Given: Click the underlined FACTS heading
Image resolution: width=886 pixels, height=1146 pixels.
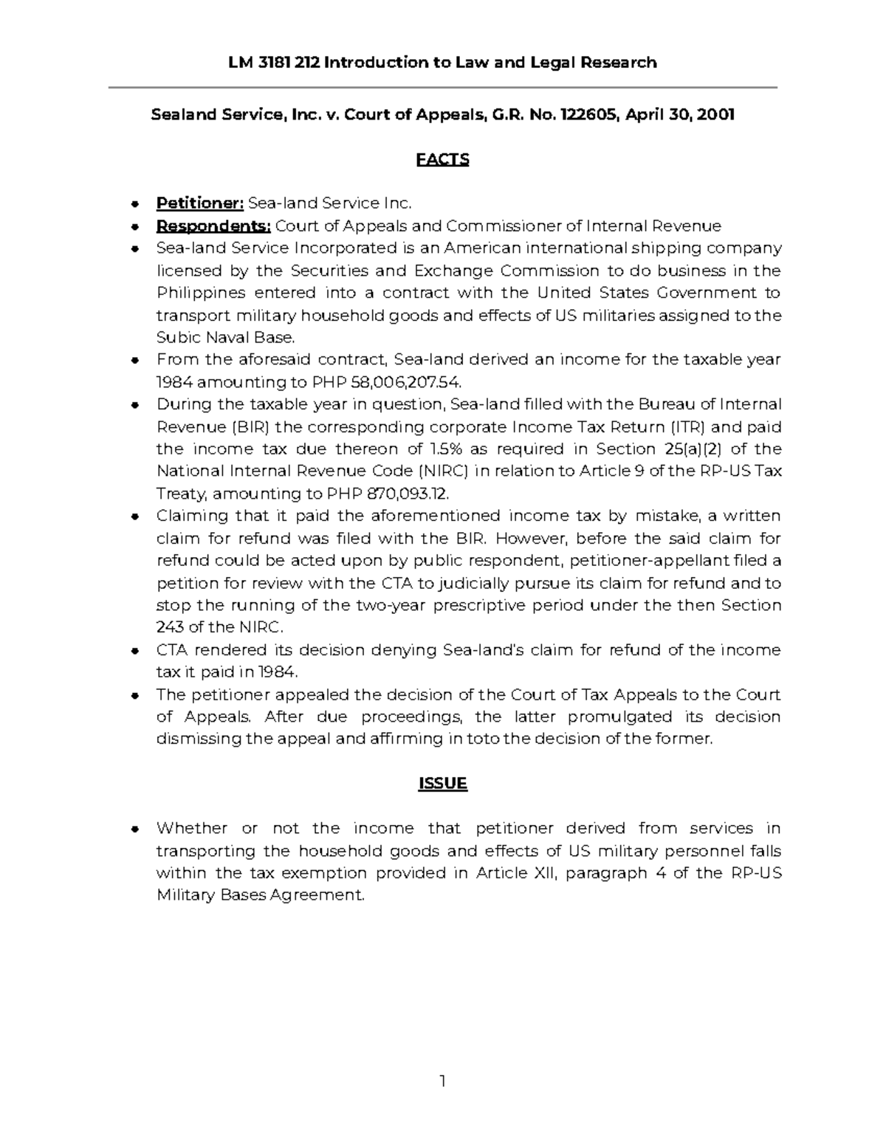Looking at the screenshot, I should coord(442,159).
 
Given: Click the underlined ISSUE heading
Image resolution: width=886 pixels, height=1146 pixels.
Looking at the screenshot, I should coord(442,783).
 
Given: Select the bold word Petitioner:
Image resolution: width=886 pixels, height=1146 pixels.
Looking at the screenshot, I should coord(199,203).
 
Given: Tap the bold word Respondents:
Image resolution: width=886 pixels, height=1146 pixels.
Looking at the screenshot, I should coord(213,225).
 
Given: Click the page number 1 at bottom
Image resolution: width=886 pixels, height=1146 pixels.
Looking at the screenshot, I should coord(442,1082).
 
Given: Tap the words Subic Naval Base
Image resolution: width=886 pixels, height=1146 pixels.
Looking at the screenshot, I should coord(225,338).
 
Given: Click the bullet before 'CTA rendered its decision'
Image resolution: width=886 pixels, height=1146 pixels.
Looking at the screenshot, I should coord(134,651).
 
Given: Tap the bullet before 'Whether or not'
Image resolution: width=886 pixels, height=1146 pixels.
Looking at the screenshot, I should coord(134,829).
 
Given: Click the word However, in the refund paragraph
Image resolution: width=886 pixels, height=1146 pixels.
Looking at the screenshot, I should coord(532,538).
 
